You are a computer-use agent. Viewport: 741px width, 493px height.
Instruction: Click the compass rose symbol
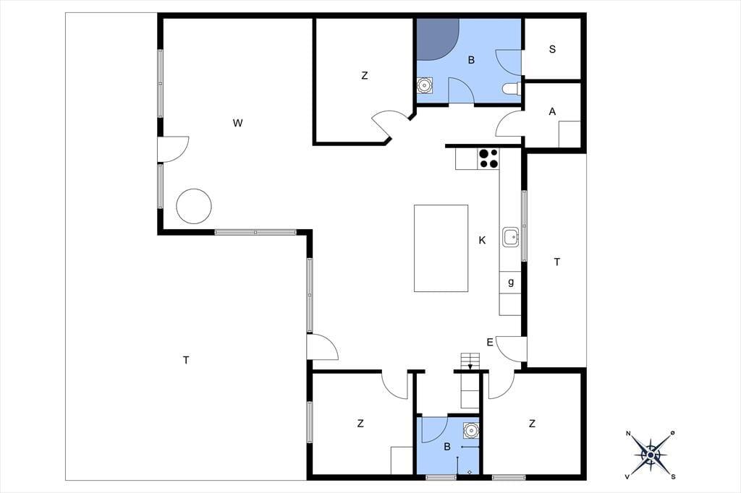(651, 455)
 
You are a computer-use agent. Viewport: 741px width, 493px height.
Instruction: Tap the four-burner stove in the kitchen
(488, 158)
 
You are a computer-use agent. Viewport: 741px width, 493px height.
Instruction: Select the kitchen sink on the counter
(511, 236)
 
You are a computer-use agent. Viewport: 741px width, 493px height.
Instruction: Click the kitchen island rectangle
(441, 249)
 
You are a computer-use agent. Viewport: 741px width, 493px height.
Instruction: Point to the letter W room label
(237, 123)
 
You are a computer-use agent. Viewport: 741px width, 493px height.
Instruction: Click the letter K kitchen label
(482, 241)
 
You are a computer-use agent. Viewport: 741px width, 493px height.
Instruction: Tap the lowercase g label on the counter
(511, 283)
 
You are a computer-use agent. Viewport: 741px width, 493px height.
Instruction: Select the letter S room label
(552, 49)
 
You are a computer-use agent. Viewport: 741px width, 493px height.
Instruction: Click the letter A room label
(552, 112)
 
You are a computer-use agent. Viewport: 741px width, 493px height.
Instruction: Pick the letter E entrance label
(490, 343)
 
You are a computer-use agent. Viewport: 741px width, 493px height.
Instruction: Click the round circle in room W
(194, 206)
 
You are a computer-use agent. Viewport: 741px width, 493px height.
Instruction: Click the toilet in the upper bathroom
(511, 89)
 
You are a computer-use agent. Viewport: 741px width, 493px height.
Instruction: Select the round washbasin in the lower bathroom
(471, 430)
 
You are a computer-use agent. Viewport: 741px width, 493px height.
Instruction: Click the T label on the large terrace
(186, 360)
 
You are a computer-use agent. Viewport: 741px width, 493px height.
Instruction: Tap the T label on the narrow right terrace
(557, 262)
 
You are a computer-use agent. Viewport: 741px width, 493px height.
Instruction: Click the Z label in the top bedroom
(365, 76)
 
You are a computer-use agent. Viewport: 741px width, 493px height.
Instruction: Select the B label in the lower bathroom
(447, 447)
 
